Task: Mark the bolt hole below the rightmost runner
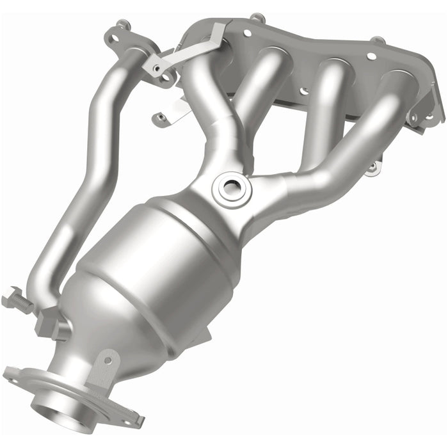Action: (372, 168)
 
